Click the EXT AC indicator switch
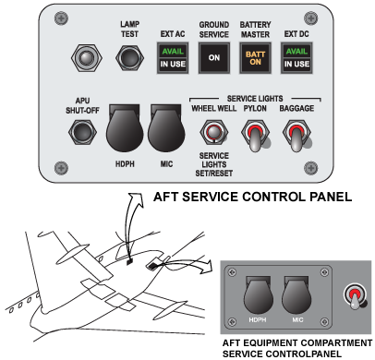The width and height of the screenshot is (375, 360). tap(173, 58)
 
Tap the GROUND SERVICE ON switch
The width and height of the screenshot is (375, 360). tap(214, 58)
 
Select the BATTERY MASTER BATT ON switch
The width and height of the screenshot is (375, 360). tap(255, 58)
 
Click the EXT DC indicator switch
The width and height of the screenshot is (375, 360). tap(296, 58)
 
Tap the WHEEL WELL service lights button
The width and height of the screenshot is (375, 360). tap(214, 132)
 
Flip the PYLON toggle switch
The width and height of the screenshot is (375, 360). tap(256, 136)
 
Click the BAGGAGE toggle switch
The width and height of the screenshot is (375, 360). tap(296, 136)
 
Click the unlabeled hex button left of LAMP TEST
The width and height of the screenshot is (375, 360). tap(86, 58)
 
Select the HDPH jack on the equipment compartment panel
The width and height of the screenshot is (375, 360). tap(259, 294)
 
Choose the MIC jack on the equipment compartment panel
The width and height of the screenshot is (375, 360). tap(296, 294)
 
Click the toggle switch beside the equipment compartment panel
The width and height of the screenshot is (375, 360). tap(355, 296)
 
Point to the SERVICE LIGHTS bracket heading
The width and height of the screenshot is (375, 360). tap(255, 99)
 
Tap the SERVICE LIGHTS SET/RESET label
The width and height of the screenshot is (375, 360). tap(214, 164)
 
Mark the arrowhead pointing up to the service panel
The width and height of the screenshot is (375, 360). tap(137, 199)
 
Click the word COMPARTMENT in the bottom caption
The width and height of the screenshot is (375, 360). tap(337, 342)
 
